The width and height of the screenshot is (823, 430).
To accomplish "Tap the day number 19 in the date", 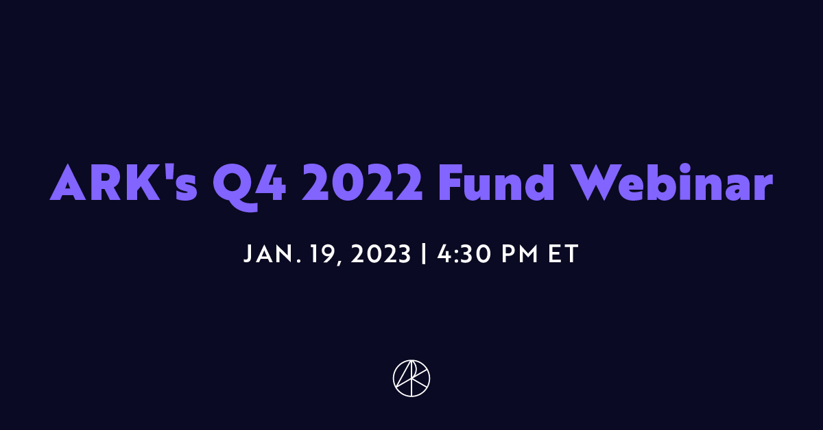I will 320,255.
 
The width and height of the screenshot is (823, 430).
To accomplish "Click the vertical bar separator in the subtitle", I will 424,255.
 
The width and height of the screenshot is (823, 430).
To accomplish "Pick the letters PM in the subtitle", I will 518,255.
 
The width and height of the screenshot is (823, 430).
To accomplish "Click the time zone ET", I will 564,255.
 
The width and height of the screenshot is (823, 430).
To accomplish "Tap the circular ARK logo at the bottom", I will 411,377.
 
